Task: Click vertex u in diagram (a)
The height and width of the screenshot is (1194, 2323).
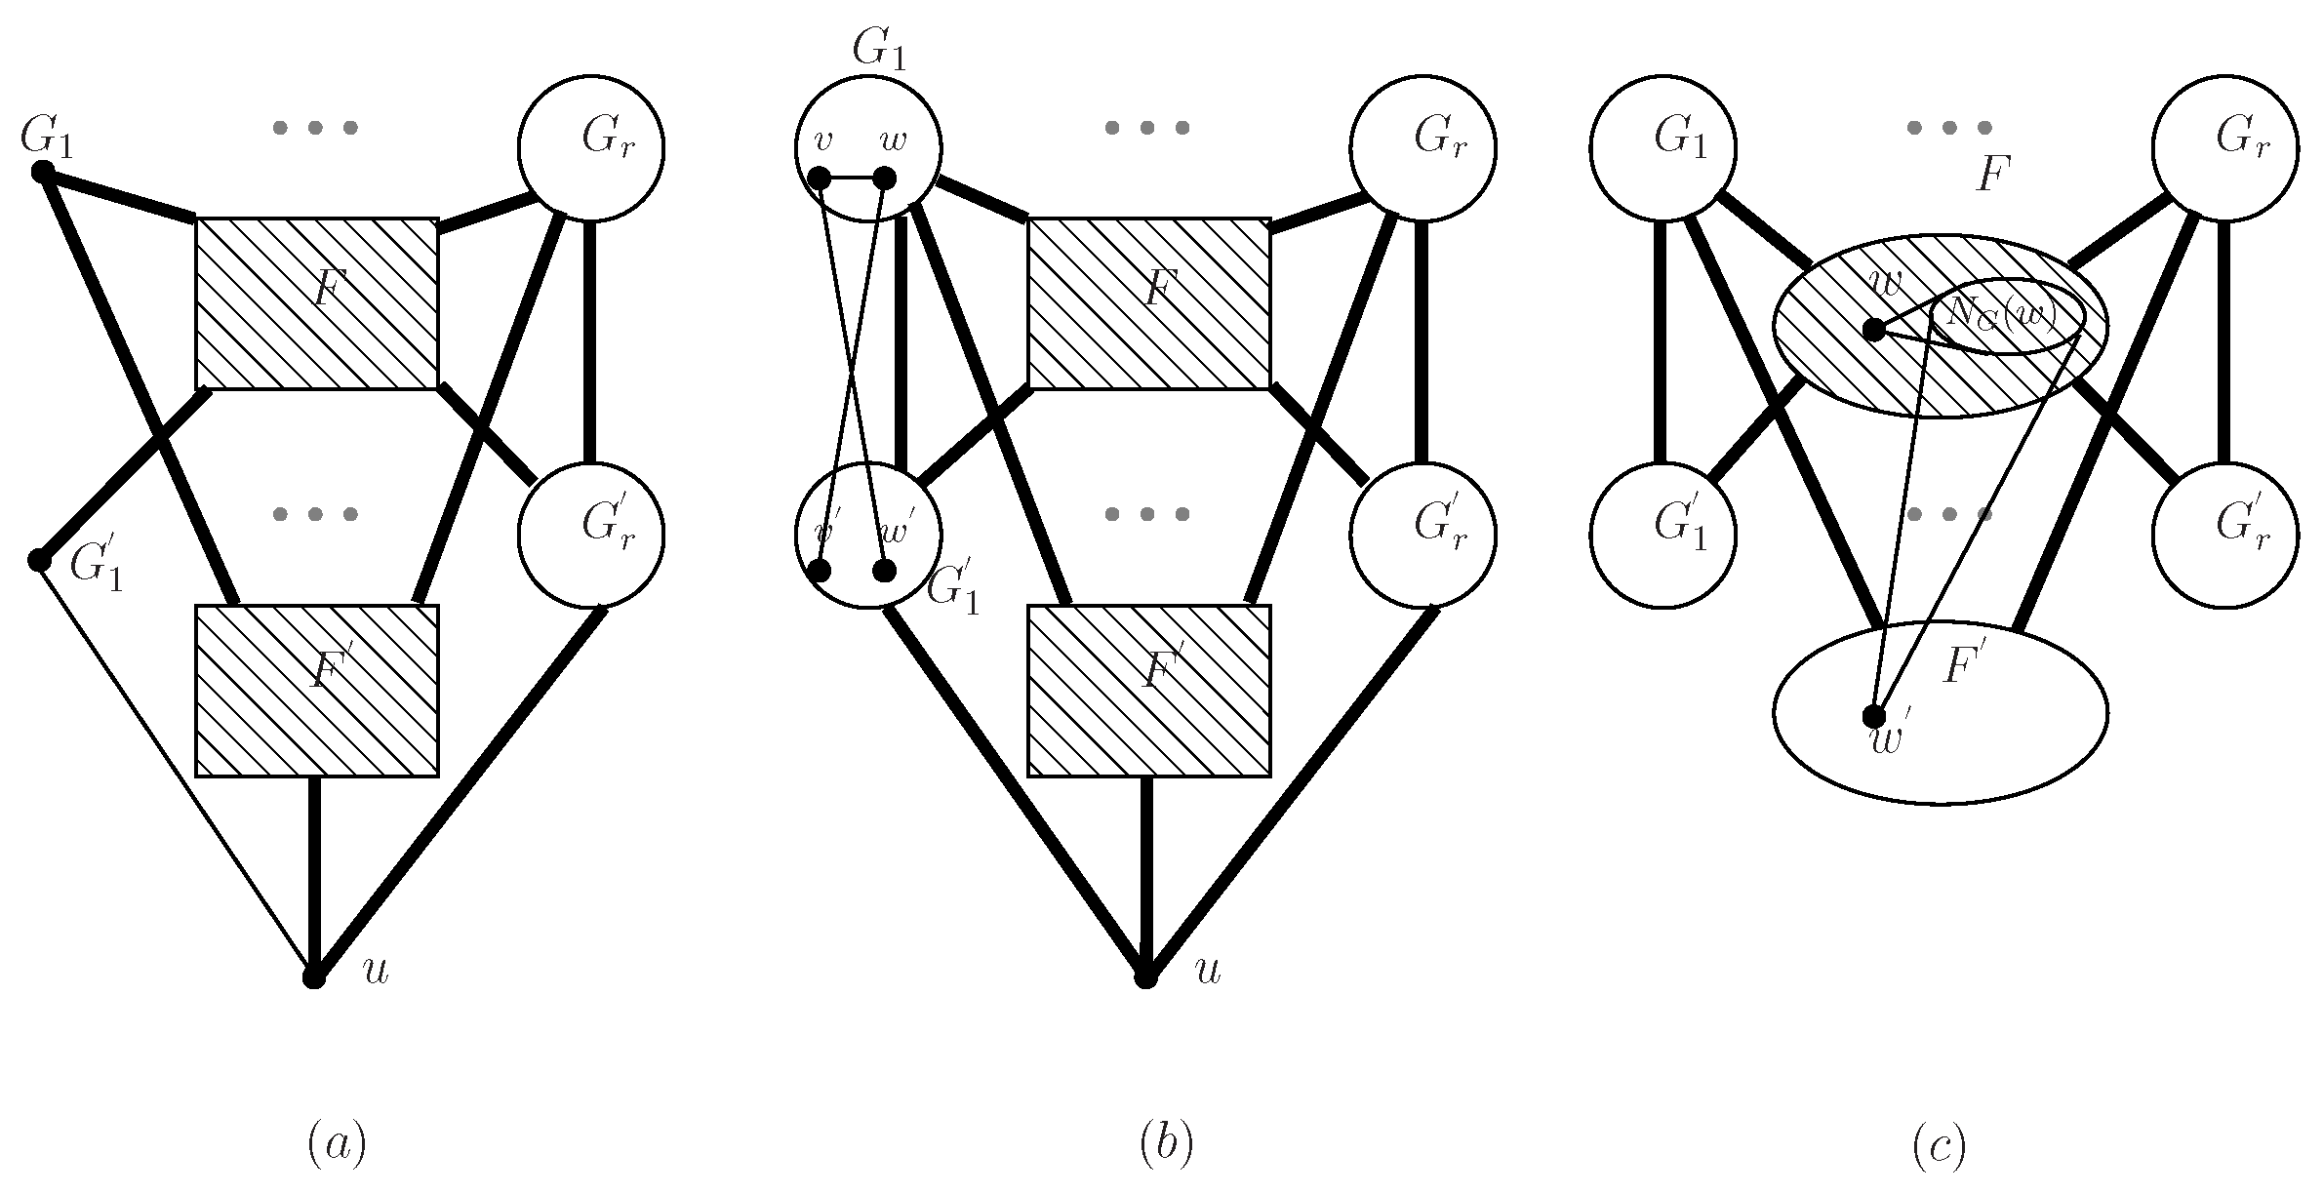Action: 313,977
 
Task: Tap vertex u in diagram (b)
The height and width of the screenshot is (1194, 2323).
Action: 1145,977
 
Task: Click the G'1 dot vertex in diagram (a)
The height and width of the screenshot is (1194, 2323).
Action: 39,561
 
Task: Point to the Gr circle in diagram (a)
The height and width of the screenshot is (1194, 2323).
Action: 591,149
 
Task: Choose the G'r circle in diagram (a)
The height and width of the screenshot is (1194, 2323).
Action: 591,536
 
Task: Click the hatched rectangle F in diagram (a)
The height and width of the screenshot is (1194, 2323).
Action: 317,303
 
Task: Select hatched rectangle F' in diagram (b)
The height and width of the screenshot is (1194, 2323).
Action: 1149,691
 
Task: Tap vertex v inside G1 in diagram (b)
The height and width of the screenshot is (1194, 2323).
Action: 821,179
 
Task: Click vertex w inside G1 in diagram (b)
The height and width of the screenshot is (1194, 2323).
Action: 884,179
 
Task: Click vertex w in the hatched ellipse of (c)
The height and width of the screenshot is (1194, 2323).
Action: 1874,330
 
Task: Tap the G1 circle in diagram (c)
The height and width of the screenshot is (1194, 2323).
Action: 1663,149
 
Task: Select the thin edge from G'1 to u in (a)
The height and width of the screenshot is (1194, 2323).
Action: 176,769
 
